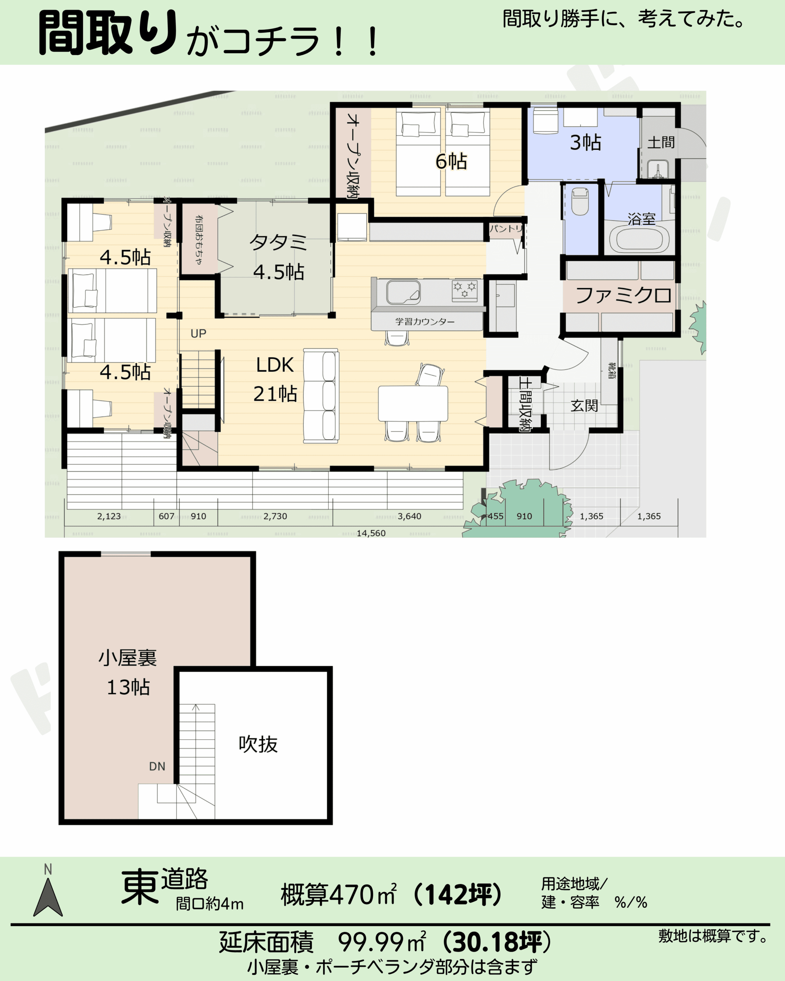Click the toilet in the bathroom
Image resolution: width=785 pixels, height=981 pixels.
[x=580, y=201]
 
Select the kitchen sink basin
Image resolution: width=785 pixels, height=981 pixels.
[x=403, y=292]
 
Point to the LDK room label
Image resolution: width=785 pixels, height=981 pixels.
[x=274, y=365]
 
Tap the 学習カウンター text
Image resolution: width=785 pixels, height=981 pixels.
[x=425, y=322]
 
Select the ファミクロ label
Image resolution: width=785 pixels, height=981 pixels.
[x=624, y=295]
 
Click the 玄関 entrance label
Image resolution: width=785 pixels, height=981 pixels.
[x=584, y=405]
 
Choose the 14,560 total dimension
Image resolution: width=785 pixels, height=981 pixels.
[x=371, y=533]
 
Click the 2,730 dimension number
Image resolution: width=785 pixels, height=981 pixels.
[x=275, y=516]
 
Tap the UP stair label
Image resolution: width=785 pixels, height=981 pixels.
[x=199, y=333]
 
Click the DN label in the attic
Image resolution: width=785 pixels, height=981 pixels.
[x=157, y=766]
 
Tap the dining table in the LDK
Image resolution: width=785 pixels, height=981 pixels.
[x=413, y=404]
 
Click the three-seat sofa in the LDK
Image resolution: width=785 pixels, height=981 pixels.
[x=321, y=396]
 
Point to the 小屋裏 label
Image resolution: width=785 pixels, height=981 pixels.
[x=128, y=658]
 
